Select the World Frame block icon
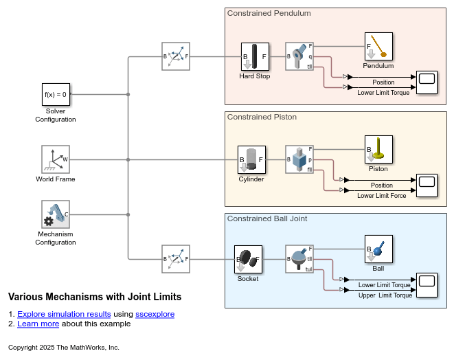click(56, 159)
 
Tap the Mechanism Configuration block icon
click(56, 214)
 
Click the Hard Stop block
click(254, 56)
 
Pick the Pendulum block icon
click(378, 46)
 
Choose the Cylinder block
click(251, 159)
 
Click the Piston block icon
click(378, 149)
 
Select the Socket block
click(247, 259)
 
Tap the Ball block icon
click(378, 249)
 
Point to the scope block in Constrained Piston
click(427, 185)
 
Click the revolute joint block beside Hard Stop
click(299, 56)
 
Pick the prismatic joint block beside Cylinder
click(299, 159)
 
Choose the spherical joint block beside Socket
click(299, 259)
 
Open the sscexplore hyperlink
click(155, 314)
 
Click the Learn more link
click(38, 324)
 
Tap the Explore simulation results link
click(64, 314)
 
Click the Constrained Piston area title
click(262, 117)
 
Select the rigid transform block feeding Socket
click(175, 259)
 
